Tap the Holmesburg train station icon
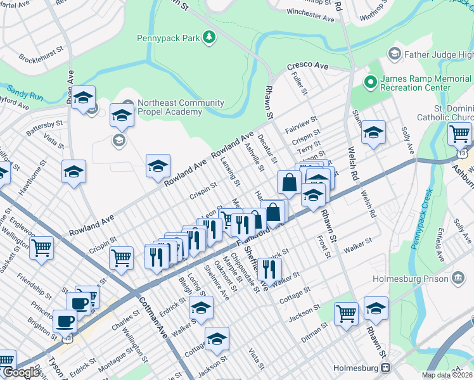coord(385,368)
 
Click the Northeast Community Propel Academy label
coord(175,107)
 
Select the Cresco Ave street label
coord(307,66)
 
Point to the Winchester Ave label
coord(311,18)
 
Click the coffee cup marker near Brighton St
coord(65,320)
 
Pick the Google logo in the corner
coord(22,373)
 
